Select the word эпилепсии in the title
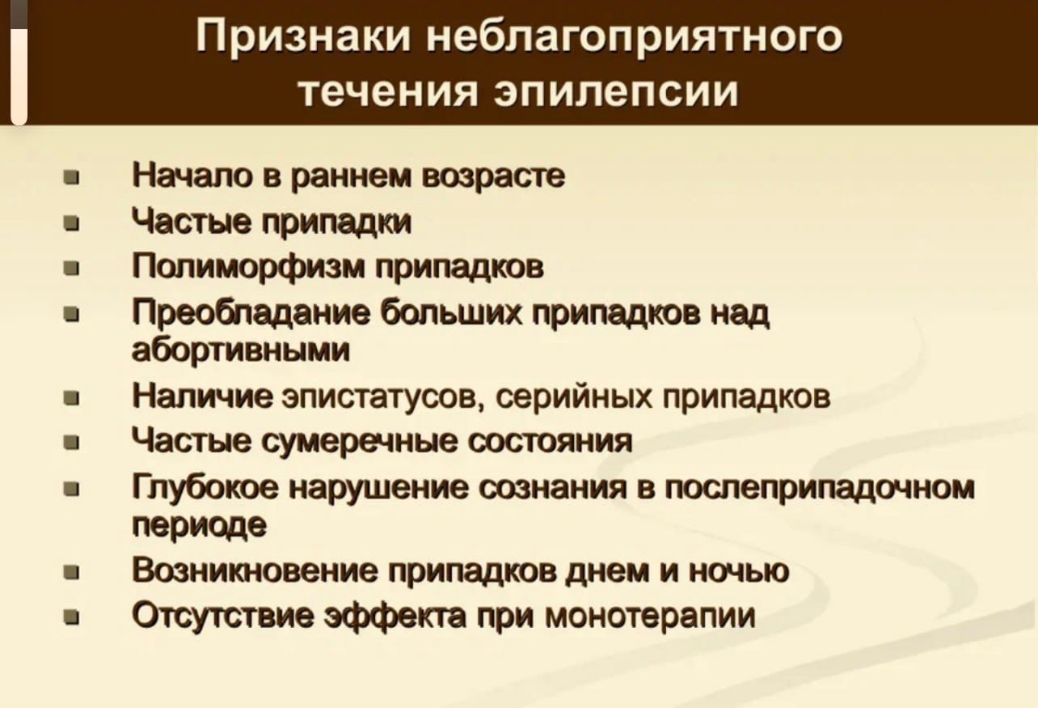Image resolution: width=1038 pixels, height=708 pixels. click(616, 91)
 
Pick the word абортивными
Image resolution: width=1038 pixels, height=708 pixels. click(241, 350)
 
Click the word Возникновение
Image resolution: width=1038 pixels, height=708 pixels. click(255, 570)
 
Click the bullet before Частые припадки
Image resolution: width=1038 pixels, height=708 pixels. click(71, 225)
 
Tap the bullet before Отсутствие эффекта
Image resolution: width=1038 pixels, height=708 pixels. click(71, 618)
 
